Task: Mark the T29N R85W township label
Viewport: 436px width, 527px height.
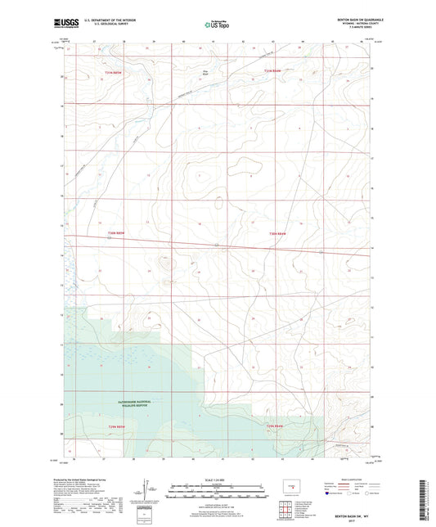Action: click(119, 426)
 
